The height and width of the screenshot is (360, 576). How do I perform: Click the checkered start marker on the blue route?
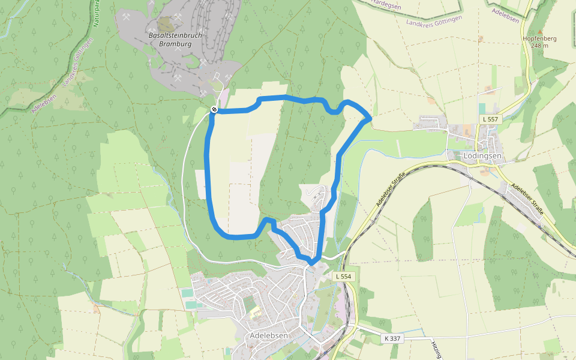[x=214, y=109]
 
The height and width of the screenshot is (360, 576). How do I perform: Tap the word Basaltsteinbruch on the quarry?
[x=175, y=35]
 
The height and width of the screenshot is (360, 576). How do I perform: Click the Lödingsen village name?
[x=482, y=156]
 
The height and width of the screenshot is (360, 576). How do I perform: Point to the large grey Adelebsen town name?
[x=269, y=335]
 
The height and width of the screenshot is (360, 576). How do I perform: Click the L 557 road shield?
[x=490, y=119]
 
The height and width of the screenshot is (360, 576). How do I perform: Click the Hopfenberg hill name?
[x=539, y=38]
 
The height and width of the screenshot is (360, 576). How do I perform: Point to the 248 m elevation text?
[x=539, y=46]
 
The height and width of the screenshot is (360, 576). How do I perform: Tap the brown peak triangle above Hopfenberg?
[x=539, y=31]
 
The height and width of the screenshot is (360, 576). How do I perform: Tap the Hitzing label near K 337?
[x=435, y=348]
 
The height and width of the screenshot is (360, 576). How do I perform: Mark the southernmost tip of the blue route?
[x=313, y=262]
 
